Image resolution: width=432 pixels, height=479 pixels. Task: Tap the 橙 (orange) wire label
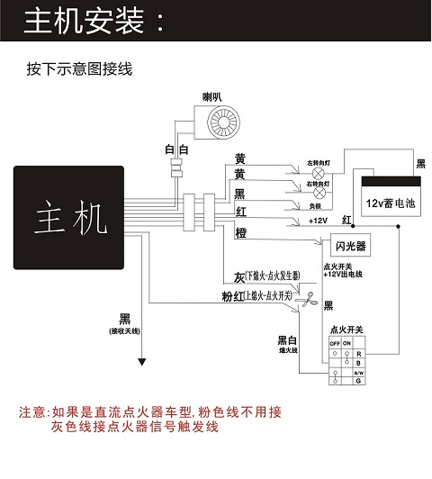point(240,232)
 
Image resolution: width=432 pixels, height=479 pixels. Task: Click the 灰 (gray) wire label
point(239,276)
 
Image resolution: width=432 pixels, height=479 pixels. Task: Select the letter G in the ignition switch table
point(358,381)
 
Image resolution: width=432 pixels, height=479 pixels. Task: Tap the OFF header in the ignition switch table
point(334,343)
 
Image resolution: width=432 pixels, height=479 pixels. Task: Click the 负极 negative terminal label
point(315,204)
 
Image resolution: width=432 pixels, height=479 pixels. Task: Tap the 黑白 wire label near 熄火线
point(287,341)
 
